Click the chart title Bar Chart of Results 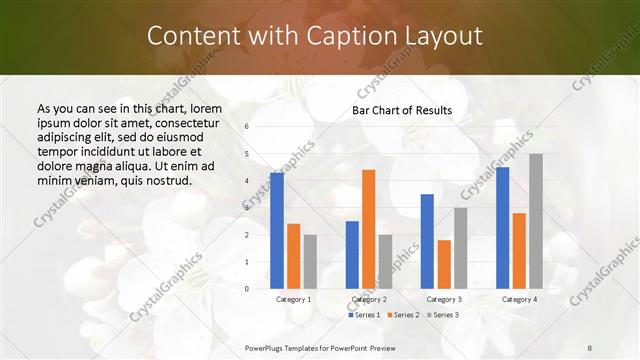point(402,110)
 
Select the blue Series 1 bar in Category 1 point(277,231)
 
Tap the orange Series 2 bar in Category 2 point(368,229)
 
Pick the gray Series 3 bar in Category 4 point(536,221)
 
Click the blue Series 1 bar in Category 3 point(427,241)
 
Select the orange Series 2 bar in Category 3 point(444,264)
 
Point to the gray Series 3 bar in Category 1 point(310,262)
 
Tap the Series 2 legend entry point(402,315)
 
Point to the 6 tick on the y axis point(247,127)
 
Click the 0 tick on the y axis point(247,289)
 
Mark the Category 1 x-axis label point(293,299)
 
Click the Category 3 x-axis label point(444,299)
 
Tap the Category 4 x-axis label point(519,299)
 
